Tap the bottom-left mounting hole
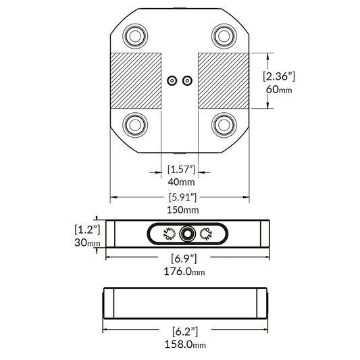coord(134,124)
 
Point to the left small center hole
coord(172,80)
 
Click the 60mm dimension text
coord(279,90)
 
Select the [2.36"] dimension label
coord(279,76)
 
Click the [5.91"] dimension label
coord(180,197)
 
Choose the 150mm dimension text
coord(180,211)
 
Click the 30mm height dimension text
coord(88,243)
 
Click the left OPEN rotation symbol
coord(169,234)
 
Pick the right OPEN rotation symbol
coord(207,234)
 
